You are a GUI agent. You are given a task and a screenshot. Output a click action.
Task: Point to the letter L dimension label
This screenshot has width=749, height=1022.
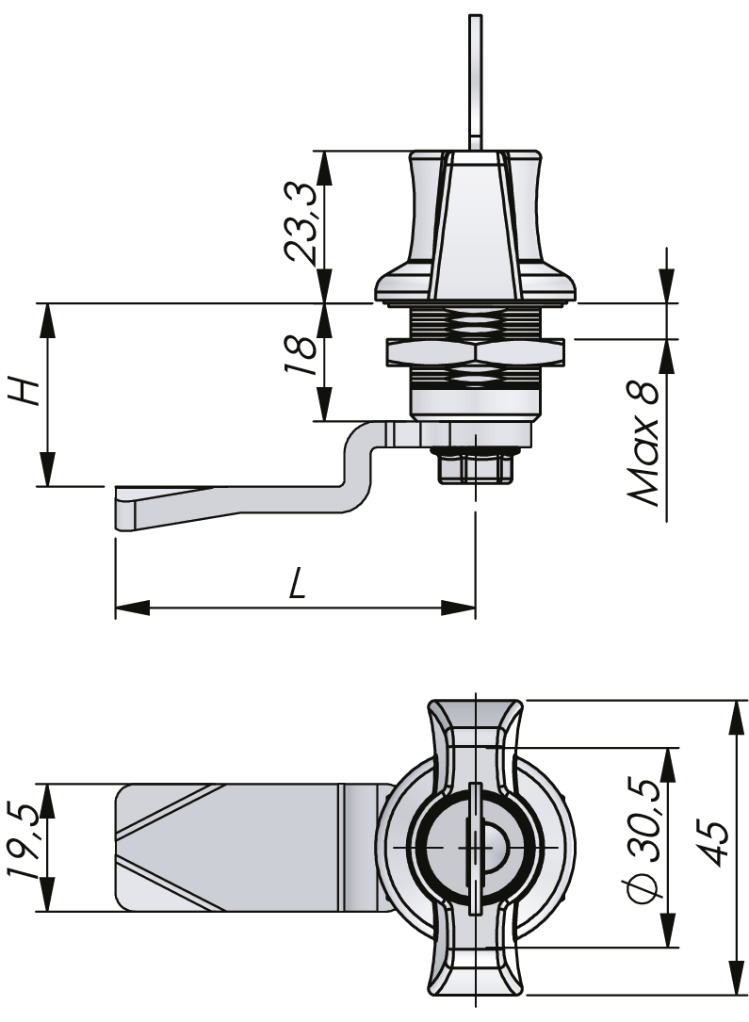(296, 585)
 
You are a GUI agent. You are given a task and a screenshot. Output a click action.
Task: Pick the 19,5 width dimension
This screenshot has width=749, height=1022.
(25, 846)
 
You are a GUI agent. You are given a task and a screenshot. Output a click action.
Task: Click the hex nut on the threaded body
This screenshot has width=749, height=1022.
(475, 353)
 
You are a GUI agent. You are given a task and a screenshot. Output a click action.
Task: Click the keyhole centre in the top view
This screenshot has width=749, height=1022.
(475, 846)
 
